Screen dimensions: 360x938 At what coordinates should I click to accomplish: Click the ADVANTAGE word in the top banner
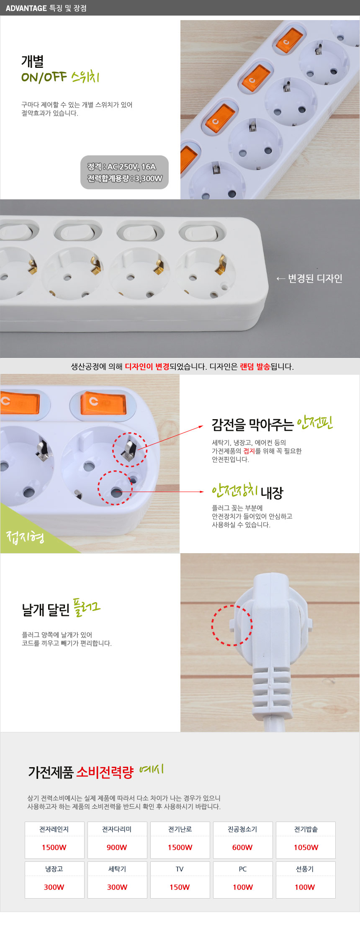[26, 8]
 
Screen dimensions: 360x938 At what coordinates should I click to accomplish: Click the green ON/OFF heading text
[44, 77]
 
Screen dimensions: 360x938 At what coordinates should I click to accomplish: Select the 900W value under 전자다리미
[117, 847]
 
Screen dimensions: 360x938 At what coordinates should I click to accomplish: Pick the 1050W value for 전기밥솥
[306, 847]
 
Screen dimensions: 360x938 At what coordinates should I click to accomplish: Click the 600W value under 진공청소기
[242, 847]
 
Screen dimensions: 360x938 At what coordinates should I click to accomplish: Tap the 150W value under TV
[180, 887]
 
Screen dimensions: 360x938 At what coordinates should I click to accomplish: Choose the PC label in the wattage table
[243, 869]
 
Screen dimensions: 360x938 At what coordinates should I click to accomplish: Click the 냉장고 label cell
[54, 869]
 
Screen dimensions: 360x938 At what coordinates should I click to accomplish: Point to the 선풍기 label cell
[305, 869]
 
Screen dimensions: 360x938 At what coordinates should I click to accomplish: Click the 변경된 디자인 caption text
[315, 278]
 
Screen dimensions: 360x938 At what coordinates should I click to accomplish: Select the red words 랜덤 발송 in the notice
[255, 366]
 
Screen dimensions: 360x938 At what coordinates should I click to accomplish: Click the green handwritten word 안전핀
[315, 423]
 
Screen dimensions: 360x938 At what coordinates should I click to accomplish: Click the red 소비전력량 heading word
[105, 772]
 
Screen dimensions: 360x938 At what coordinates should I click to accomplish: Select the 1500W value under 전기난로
[180, 847]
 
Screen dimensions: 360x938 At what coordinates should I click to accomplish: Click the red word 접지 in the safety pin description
[249, 451]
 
